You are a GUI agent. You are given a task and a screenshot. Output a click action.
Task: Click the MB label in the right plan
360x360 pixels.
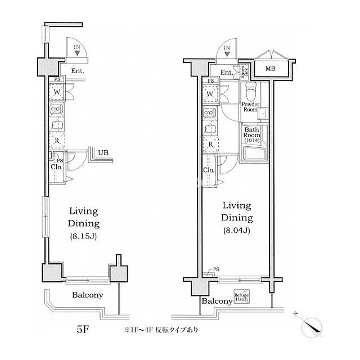point(271,70)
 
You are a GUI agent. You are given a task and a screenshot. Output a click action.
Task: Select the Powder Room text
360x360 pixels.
point(250,107)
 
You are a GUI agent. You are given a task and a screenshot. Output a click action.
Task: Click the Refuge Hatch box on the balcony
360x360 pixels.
point(242,298)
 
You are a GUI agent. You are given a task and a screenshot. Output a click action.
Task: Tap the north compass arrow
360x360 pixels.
point(311,325)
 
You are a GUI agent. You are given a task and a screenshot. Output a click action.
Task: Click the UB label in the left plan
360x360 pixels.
point(102,152)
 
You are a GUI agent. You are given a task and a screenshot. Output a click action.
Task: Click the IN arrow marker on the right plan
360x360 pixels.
point(226,50)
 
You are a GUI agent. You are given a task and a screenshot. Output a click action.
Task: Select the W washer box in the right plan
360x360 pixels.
point(210,94)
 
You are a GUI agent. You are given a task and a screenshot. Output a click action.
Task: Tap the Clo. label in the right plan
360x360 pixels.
point(208,171)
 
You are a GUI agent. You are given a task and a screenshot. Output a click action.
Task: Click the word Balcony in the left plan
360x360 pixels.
point(87,295)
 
